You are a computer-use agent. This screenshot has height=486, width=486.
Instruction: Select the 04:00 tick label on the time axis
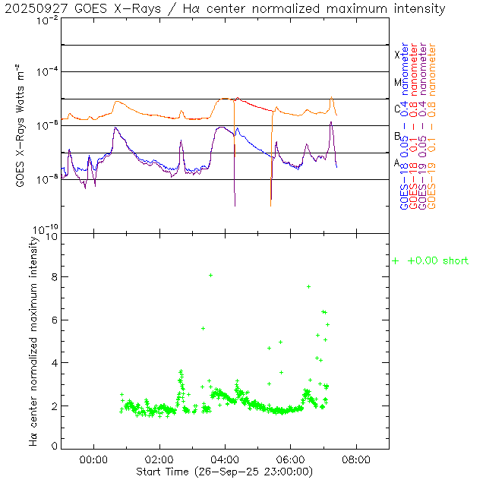point(226,459)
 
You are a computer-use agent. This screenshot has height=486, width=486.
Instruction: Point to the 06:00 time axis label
point(291,459)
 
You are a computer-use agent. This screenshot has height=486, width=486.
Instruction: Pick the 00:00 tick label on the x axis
point(93,459)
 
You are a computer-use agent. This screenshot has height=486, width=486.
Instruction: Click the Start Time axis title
point(226,472)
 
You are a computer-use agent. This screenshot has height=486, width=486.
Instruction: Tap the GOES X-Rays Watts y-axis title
point(21,127)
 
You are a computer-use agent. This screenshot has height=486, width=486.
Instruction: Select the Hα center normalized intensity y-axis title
point(33,340)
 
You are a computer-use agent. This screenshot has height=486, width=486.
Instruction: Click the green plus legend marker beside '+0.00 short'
point(395,261)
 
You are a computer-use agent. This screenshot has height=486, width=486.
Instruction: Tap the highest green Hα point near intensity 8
point(210,275)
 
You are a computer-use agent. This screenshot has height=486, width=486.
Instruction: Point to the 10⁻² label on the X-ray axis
point(49,21)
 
